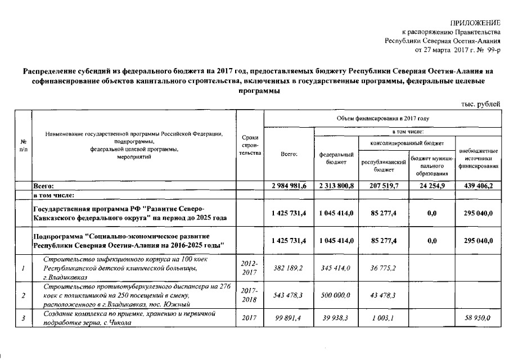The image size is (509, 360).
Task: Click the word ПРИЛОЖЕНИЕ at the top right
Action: (475, 22)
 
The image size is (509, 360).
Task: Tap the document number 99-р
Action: (490, 49)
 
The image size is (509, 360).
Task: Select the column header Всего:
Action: (289, 154)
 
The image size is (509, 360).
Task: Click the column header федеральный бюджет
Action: (336, 158)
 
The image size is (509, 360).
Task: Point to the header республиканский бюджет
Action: (384, 164)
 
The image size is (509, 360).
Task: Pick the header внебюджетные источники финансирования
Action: (478, 159)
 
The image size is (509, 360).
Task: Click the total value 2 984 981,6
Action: (289, 186)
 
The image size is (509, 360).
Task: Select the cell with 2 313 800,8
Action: (336, 186)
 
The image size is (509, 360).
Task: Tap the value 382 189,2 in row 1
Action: (289, 268)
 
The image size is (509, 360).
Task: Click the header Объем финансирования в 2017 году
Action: (382, 119)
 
